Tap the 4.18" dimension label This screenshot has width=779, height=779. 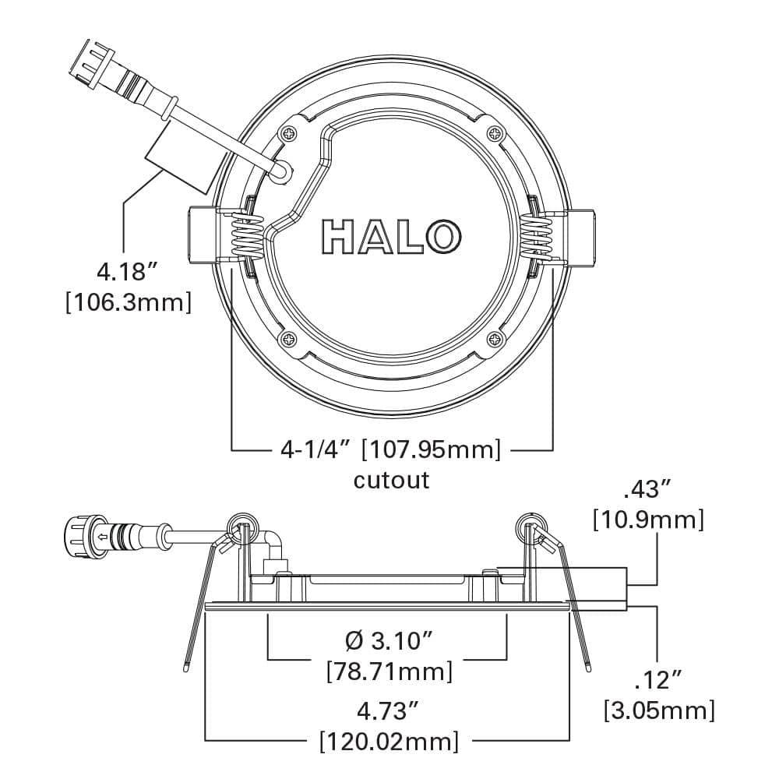tap(127, 273)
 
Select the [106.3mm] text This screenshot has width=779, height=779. tap(128, 302)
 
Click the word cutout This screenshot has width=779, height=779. tap(391, 479)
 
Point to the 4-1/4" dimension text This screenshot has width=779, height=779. tap(316, 449)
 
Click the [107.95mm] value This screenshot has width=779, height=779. tap(432, 449)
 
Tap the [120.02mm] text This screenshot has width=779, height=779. tap(388, 740)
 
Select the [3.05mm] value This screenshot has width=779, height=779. tap(659, 710)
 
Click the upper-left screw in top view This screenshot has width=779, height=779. tap(290, 132)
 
